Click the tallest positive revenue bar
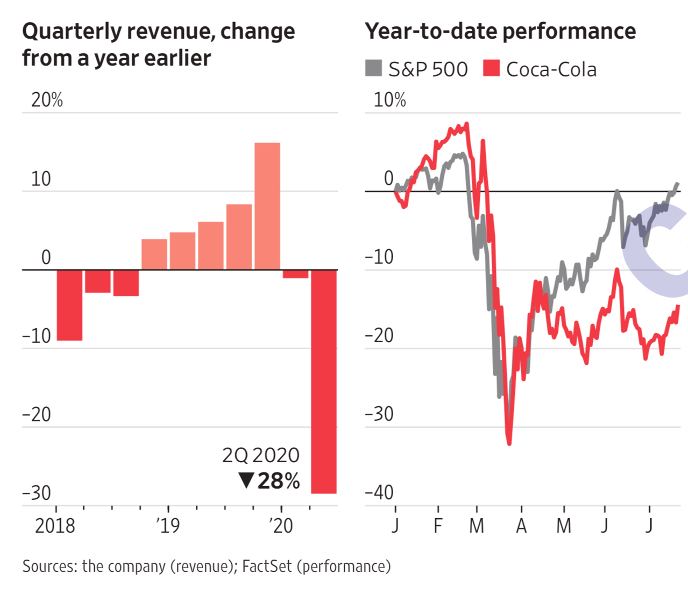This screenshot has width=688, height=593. (267, 206)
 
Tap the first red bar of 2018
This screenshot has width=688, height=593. (69, 305)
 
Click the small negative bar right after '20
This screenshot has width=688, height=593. (295, 274)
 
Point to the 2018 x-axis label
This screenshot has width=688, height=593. (55, 525)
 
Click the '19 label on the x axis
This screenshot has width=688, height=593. (168, 525)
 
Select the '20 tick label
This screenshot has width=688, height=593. (281, 525)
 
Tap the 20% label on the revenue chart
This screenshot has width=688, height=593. (47, 100)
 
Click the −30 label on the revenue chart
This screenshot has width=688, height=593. (37, 493)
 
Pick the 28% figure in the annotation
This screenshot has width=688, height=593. (279, 481)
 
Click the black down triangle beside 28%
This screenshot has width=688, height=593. (246, 480)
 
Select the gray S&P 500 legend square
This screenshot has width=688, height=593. (373, 68)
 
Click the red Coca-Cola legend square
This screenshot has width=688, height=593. (491, 68)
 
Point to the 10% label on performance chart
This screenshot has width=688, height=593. (389, 100)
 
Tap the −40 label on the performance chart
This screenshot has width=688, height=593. (379, 492)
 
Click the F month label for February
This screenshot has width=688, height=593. (438, 525)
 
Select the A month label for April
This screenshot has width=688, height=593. (521, 525)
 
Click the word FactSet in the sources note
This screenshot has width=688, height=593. (267, 566)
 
